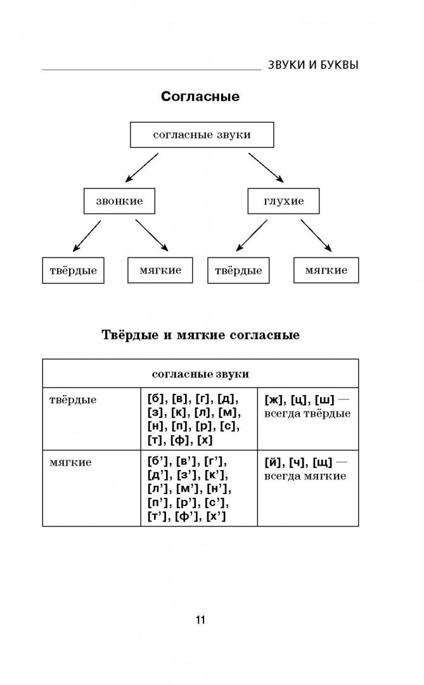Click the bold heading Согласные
click(x=200, y=97)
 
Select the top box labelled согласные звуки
click(x=202, y=135)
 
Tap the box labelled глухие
click(x=283, y=201)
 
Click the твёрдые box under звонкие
click(x=73, y=270)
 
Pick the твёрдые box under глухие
click(x=238, y=270)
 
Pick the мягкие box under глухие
click(x=326, y=270)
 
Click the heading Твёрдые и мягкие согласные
click(x=200, y=334)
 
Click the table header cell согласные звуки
click(x=200, y=374)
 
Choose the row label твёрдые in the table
click(x=73, y=400)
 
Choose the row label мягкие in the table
click(x=70, y=462)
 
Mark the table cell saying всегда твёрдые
click(x=307, y=407)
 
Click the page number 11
click(x=200, y=620)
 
